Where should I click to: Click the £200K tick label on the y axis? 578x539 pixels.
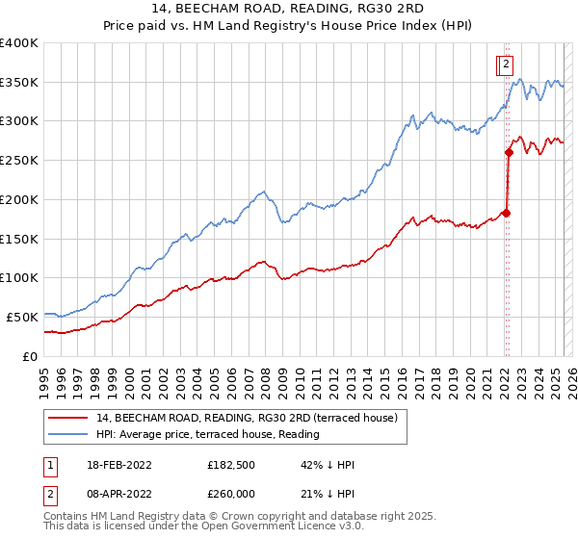click(x=19, y=199)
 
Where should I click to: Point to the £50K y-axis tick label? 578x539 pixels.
click(x=22, y=317)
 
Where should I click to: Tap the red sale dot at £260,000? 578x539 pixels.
click(x=509, y=152)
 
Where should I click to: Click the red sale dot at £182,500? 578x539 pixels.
click(x=507, y=213)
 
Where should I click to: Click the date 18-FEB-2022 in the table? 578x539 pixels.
click(x=118, y=465)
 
